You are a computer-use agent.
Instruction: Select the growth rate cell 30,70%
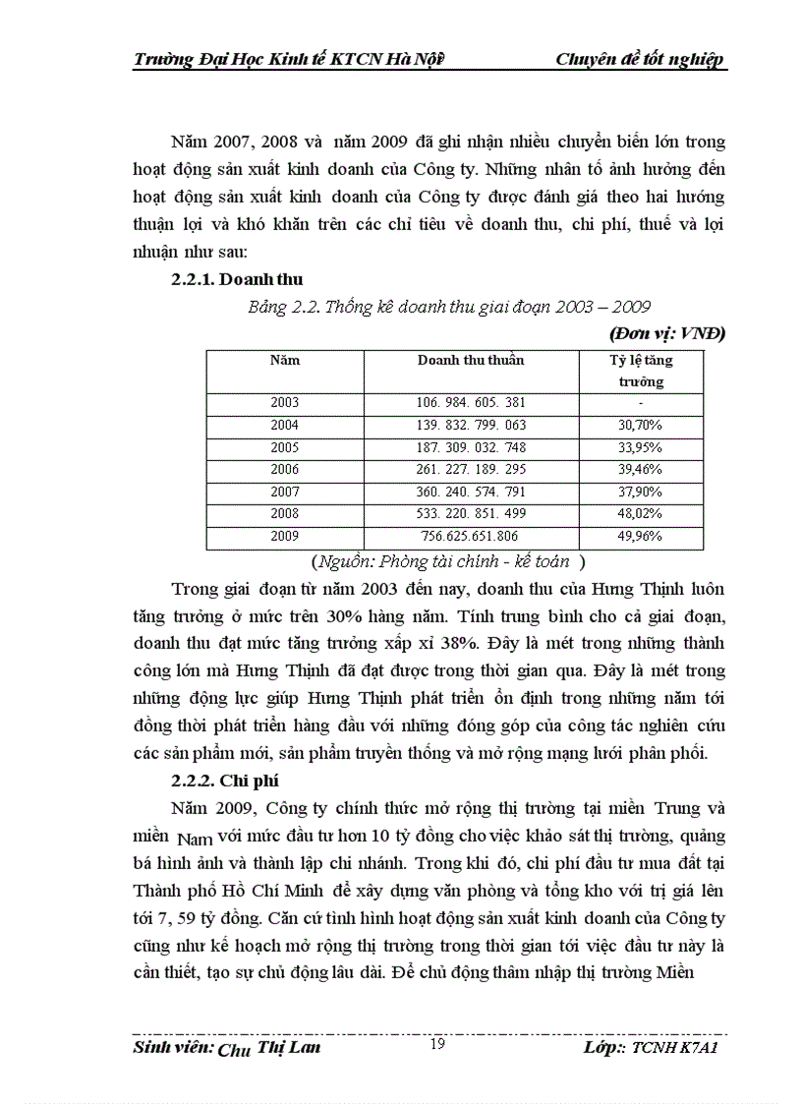point(640,426)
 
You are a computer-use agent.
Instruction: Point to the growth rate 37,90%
point(640,493)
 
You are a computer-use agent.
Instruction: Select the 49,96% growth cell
point(640,537)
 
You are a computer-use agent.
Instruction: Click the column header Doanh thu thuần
point(471,360)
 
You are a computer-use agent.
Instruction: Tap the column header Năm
point(284,360)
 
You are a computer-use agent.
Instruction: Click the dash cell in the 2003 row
point(640,403)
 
